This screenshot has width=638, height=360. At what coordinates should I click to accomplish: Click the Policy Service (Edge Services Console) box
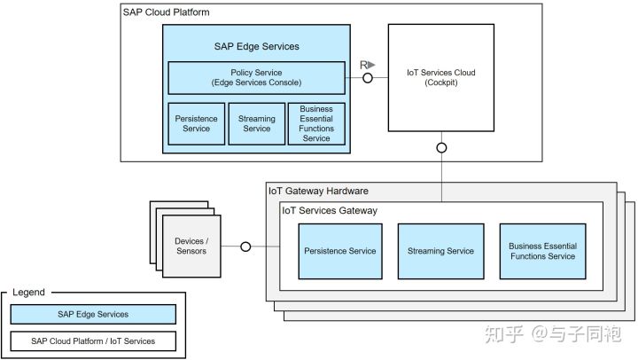point(256,77)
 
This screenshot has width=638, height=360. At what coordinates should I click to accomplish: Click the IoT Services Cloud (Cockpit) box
point(440,77)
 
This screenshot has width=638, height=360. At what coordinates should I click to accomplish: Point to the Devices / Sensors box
point(191,246)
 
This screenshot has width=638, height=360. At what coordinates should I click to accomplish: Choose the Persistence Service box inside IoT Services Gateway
point(340,250)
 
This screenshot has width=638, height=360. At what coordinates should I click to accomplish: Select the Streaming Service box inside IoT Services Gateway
point(440,250)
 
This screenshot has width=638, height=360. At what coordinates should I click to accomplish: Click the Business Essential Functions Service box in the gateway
point(542,250)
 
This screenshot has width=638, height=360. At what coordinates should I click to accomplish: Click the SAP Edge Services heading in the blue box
point(256,46)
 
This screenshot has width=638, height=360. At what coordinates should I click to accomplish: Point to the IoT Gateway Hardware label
point(318,191)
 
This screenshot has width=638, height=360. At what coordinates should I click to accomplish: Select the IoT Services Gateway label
point(330,210)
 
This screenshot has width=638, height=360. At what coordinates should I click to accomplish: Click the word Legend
point(28,292)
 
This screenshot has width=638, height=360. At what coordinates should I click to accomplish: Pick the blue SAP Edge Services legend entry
point(93,314)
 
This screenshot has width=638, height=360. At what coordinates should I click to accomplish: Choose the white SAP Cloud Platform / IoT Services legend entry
point(93,340)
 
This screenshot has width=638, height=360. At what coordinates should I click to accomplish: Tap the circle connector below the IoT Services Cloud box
point(441,147)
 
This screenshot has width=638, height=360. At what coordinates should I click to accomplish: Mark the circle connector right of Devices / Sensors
point(245,247)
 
